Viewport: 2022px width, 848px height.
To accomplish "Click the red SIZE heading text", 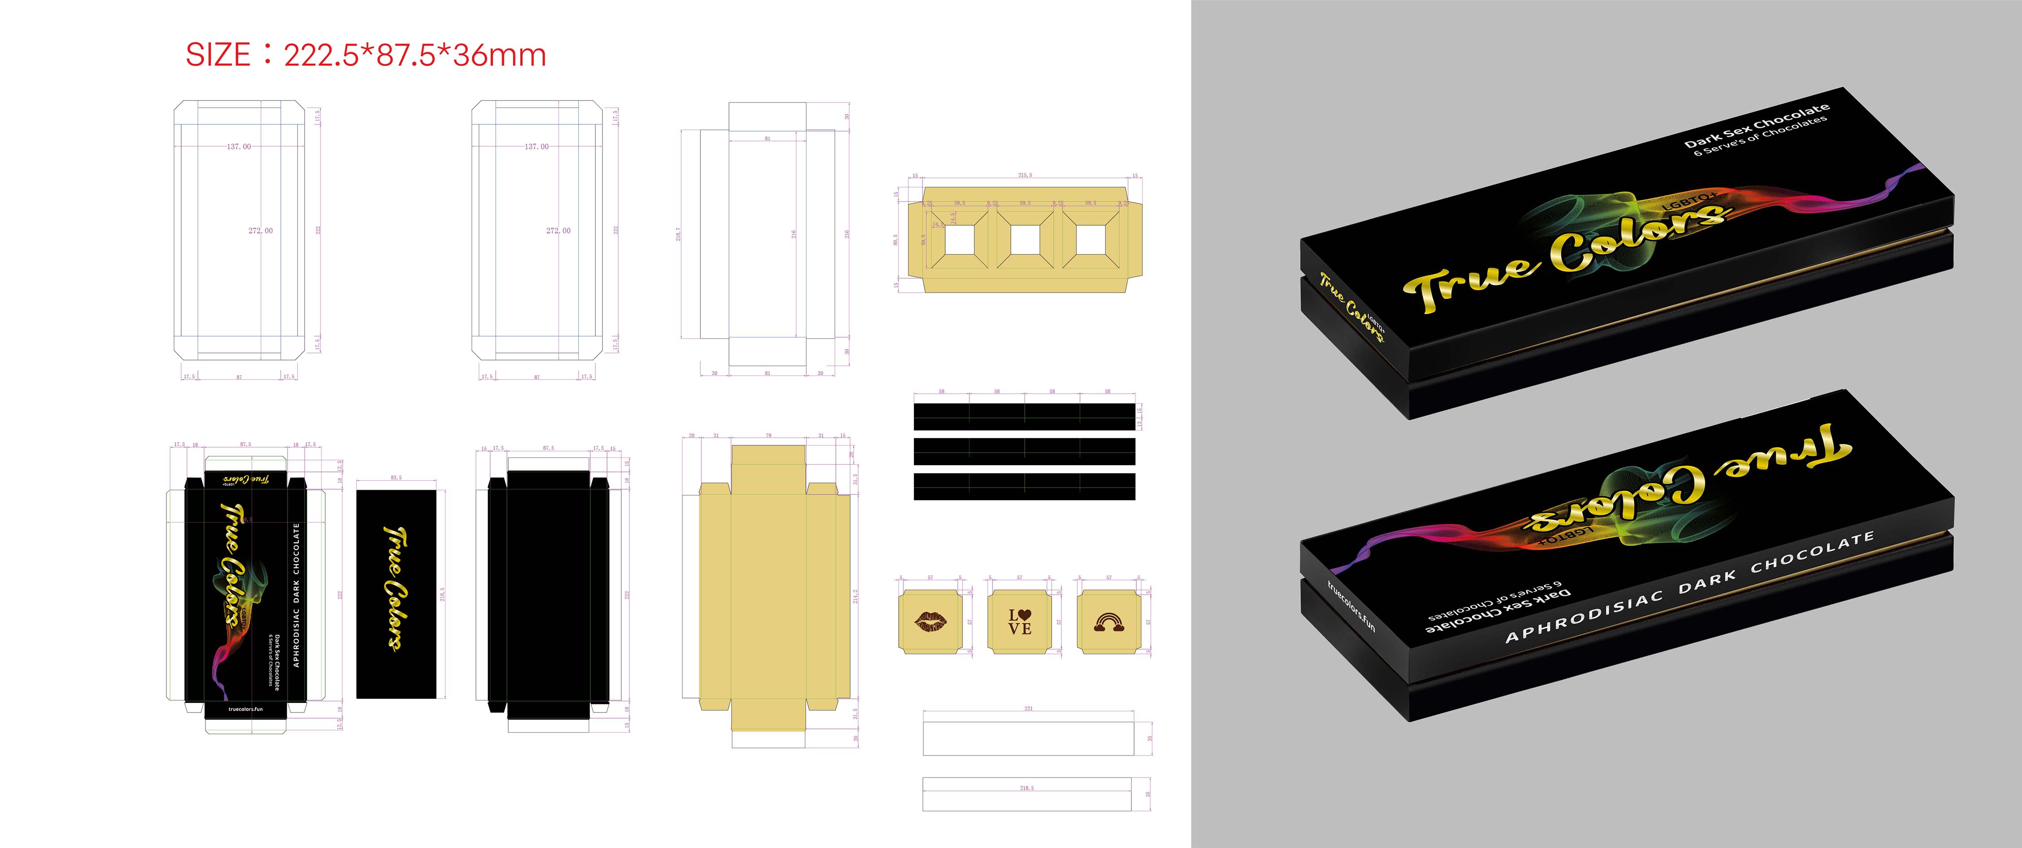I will (365, 55).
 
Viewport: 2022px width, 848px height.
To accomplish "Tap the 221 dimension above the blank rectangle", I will (1028, 708).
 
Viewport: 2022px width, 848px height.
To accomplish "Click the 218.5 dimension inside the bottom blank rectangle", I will (1026, 787).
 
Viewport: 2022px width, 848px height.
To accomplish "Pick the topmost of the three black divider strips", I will (1024, 416).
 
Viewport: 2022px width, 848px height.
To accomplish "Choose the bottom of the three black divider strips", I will (1024, 486).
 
